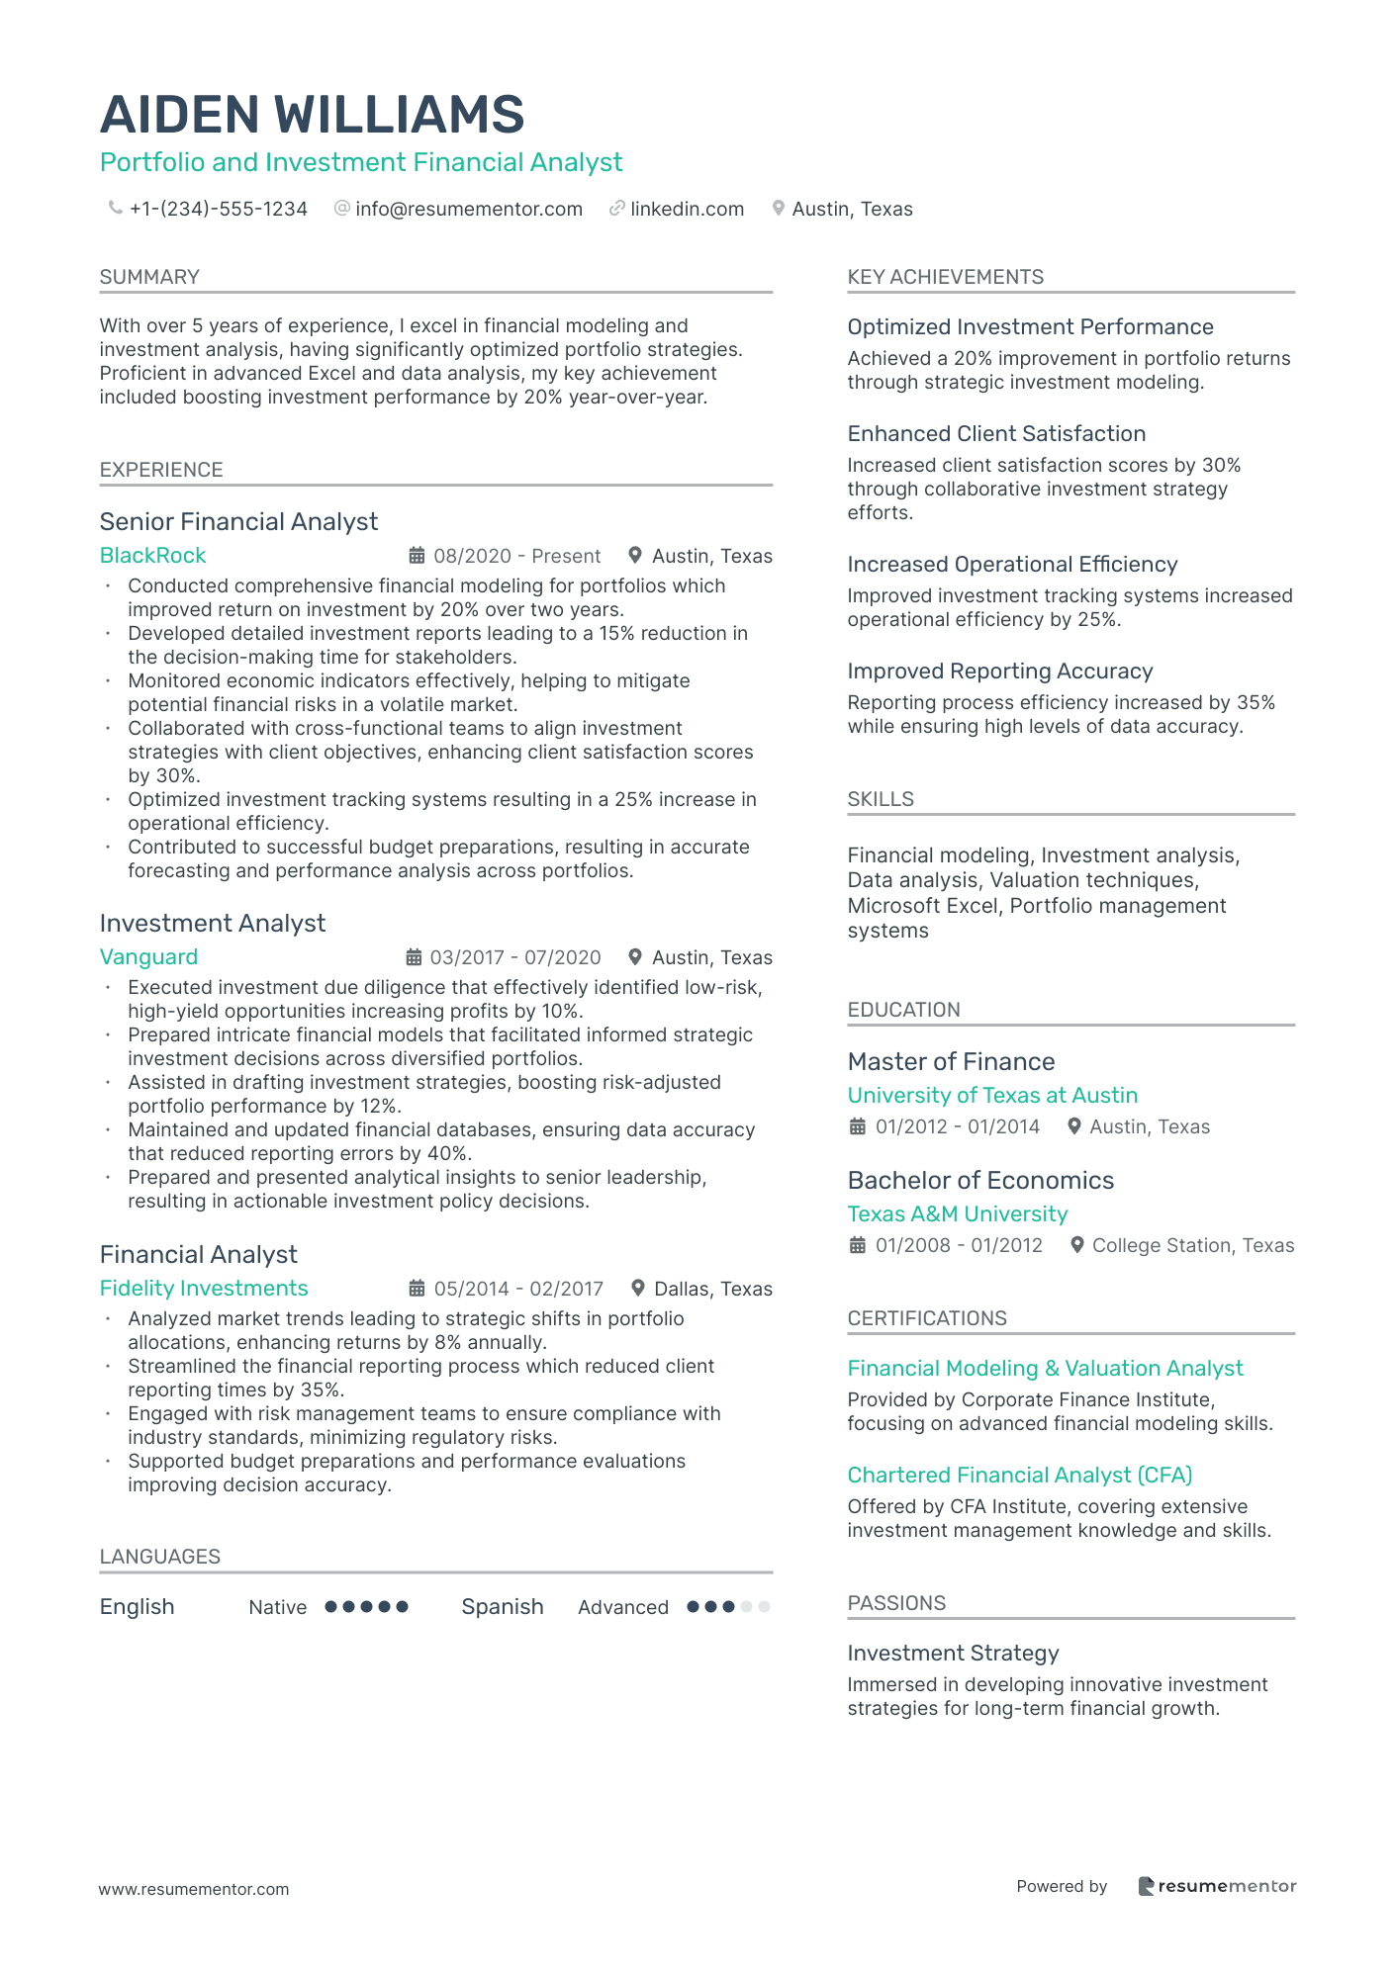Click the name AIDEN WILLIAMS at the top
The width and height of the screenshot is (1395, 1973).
[x=312, y=115]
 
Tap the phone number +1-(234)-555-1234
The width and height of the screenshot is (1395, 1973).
[x=218, y=209]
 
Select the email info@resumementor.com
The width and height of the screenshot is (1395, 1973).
[x=468, y=209]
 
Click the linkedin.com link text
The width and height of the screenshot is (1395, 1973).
[x=687, y=209]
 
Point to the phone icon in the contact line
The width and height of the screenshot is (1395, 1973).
[x=115, y=208]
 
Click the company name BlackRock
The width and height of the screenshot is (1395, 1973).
[x=152, y=556]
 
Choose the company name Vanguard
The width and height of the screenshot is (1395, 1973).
[x=148, y=957]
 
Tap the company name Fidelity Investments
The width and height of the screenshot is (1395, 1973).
[x=204, y=1289]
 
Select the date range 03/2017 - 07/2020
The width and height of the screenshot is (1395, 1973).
[x=515, y=957]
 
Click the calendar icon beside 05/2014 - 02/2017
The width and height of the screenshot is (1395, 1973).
[x=418, y=1289]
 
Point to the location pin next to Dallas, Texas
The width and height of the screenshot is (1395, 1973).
[x=639, y=1289]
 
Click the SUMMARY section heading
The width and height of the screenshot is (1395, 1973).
[x=149, y=277]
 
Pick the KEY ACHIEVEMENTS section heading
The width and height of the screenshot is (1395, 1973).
[x=945, y=277]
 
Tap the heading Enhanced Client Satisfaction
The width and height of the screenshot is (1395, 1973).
[x=996, y=434]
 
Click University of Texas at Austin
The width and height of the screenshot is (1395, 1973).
[x=992, y=1096]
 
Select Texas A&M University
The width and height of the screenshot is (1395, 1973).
[x=957, y=1214]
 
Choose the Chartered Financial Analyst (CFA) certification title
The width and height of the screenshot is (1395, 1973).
[x=1019, y=1476]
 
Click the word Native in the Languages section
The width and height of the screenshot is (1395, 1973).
[x=277, y=1607]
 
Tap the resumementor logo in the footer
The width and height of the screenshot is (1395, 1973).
[x=1217, y=1886]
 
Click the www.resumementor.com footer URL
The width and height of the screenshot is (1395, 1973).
[x=194, y=1889]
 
